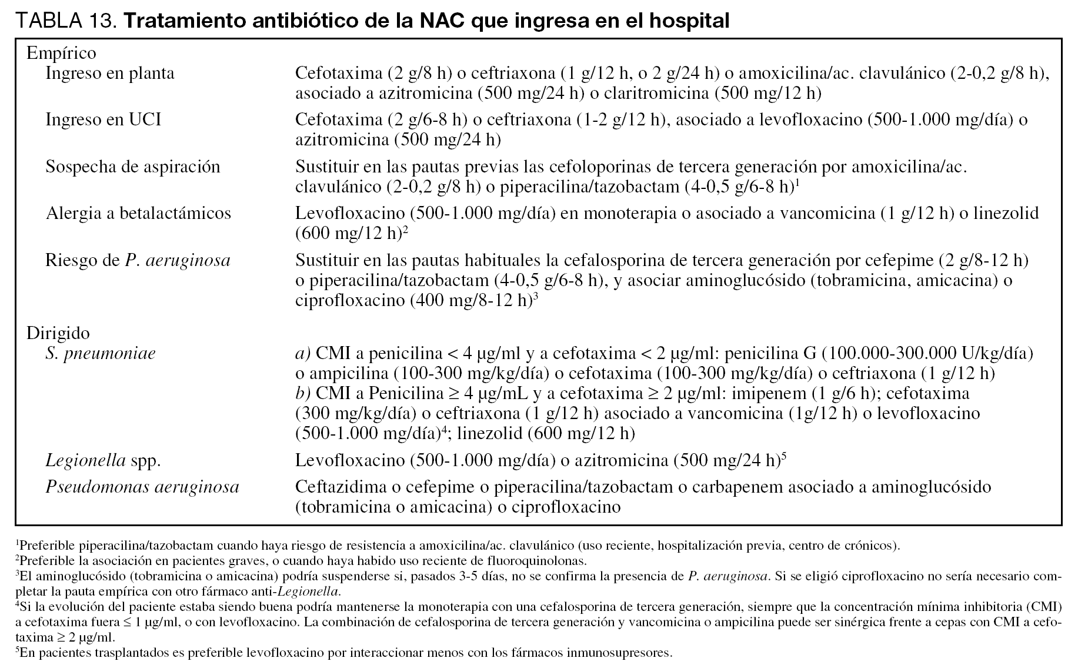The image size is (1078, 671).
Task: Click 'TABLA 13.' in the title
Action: (x=66, y=21)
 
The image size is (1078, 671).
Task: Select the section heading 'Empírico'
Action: (x=61, y=53)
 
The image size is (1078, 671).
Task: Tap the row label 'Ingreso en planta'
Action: (x=110, y=74)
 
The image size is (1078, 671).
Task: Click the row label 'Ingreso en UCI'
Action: (x=103, y=119)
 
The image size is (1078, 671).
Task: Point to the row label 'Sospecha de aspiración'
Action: (x=133, y=167)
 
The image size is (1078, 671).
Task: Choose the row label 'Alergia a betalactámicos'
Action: (x=138, y=213)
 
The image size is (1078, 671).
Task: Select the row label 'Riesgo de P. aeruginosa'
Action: (x=138, y=260)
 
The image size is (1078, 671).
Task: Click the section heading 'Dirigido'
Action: (x=58, y=333)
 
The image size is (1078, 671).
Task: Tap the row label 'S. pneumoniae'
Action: (x=101, y=353)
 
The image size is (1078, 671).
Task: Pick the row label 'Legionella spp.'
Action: (x=103, y=460)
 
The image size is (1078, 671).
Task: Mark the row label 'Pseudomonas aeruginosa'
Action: (x=142, y=487)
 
